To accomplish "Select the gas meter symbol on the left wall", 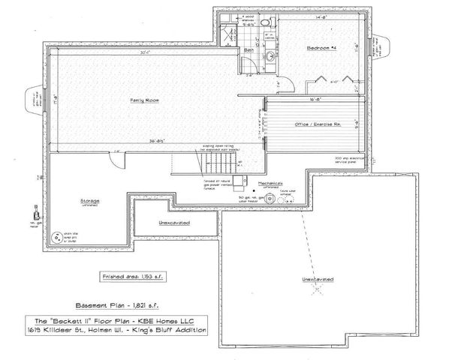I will click(32, 213).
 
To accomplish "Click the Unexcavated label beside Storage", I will click(173, 223).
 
